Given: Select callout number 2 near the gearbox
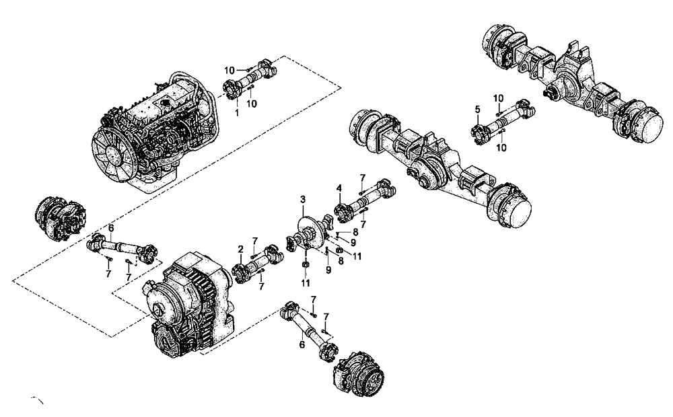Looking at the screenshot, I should click(240, 250).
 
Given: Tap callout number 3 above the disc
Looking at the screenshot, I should click(304, 200).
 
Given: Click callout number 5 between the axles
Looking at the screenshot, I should click(476, 109).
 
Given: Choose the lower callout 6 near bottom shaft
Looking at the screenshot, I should click(302, 344).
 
